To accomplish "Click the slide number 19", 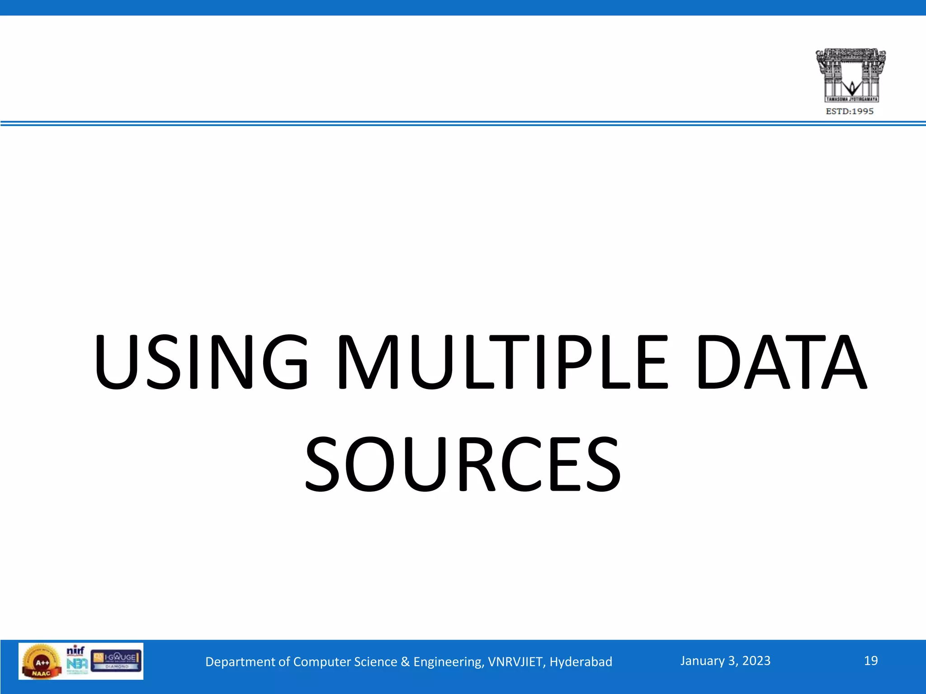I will [x=870, y=661].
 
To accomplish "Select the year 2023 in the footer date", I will [x=756, y=661].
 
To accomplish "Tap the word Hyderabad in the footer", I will [x=581, y=662].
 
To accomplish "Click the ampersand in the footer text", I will [x=405, y=662].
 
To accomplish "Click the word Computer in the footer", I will [x=321, y=662].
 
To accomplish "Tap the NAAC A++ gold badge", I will [x=41, y=662].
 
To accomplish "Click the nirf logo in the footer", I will [x=76, y=651].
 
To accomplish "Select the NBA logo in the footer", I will [x=77, y=664].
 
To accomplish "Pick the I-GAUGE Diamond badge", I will [x=117, y=660].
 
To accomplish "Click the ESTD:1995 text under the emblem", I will [x=850, y=111].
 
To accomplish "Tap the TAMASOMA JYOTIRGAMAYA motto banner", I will [x=851, y=99].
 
